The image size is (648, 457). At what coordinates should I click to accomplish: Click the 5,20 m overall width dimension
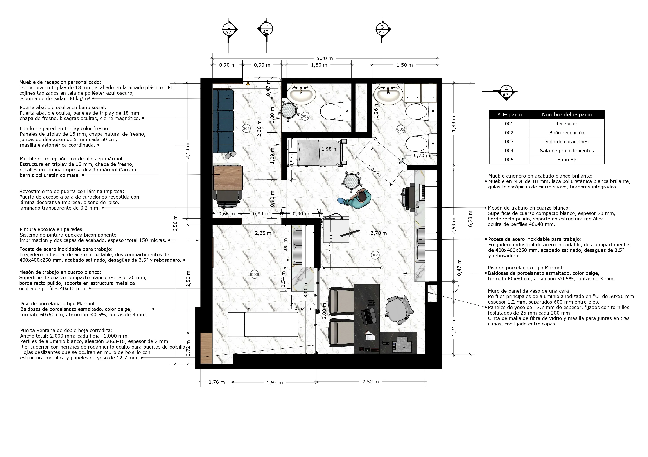coord(325,58)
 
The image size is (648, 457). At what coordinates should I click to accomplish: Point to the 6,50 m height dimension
coord(175,223)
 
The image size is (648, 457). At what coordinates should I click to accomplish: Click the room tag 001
coord(246,129)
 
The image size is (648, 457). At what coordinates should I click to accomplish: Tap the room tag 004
coord(375,255)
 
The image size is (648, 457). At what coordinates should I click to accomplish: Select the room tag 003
coord(254,274)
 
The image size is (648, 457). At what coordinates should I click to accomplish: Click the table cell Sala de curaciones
coord(567,142)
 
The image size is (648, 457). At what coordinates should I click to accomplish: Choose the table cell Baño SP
coord(567,160)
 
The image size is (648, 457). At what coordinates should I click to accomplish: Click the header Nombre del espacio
coord(567,114)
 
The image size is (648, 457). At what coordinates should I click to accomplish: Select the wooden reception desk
coord(228,178)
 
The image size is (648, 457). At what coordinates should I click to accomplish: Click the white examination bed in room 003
coord(263,324)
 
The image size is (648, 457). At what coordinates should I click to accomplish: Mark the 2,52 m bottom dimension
coord(371,382)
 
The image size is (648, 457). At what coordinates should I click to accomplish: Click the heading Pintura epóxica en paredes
coord(52,229)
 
